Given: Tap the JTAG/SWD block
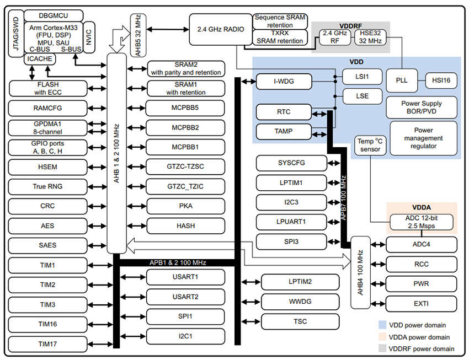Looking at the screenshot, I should [16, 34].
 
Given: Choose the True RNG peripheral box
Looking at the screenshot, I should [47, 186].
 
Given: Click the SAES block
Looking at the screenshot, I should [47, 245].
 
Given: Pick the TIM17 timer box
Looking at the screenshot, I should [47, 344].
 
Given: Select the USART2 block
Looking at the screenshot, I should [185, 297].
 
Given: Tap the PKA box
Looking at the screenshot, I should [185, 206].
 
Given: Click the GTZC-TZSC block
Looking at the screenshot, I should [185, 166].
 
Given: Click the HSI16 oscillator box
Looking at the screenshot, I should [441, 80].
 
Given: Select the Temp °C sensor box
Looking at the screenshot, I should [370, 145].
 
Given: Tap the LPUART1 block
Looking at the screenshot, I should [291, 222].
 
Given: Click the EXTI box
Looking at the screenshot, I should [422, 303].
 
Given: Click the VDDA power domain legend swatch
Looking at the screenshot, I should [382, 337].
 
